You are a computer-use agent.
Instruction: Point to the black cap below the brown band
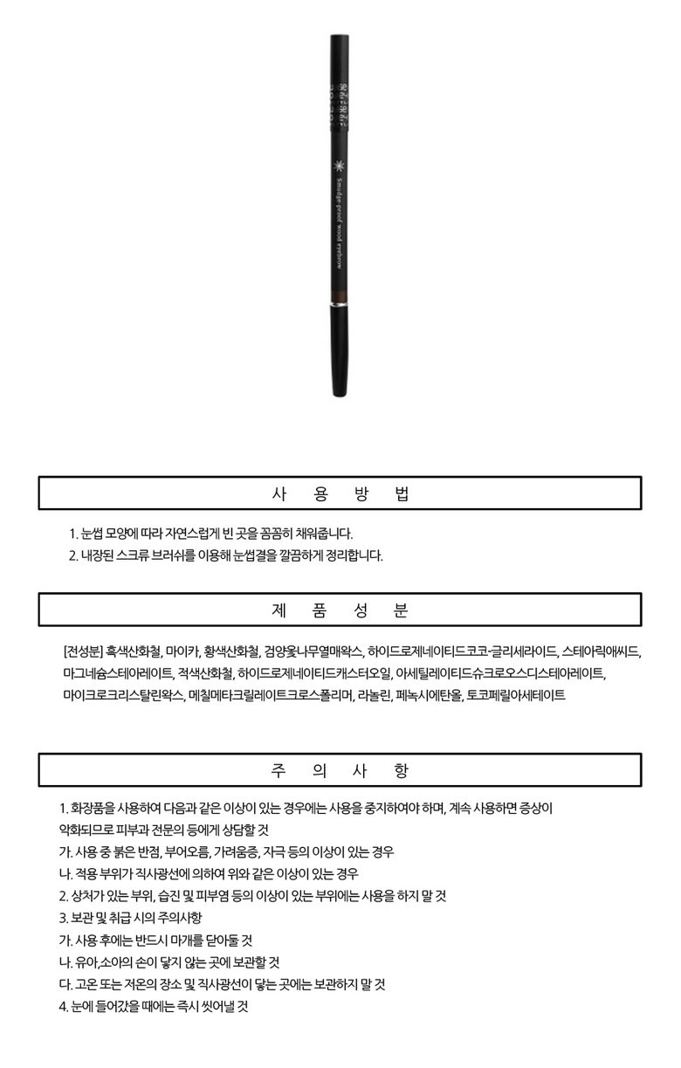340,349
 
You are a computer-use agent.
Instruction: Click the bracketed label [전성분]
83,651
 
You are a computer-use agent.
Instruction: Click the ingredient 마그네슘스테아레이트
118,673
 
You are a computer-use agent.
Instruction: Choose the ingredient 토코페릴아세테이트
516,695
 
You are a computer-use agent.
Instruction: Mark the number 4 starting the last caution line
63,1006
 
